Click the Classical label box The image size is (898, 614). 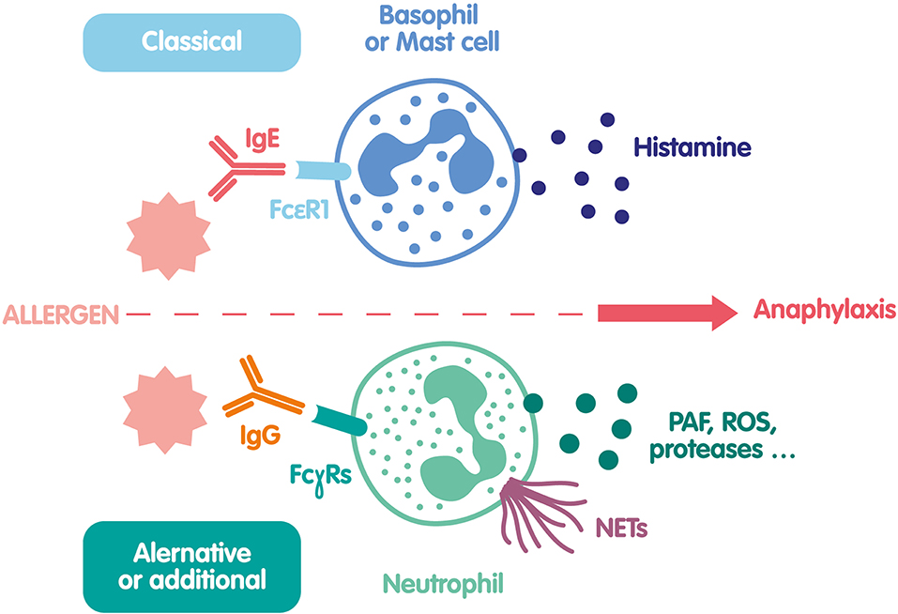coord(191,41)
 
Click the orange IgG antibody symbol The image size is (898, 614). coord(261,392)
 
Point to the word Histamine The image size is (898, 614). coord(693,147)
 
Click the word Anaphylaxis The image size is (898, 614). coord(825,312)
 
